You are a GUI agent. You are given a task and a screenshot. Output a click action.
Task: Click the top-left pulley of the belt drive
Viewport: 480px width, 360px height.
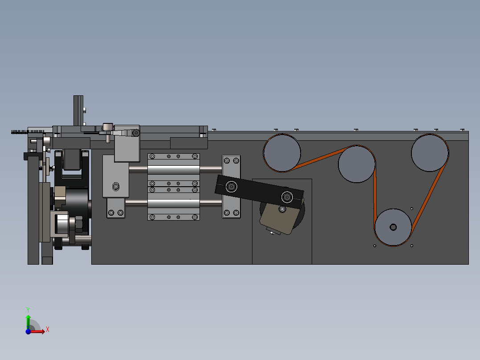[282, 153]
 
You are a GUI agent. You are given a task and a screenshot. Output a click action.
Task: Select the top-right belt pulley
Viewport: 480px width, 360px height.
[430, 152]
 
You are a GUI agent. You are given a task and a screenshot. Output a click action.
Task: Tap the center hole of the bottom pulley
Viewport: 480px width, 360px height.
[393, 227]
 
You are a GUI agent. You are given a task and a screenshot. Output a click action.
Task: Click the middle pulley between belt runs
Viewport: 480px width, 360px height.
[357, 164]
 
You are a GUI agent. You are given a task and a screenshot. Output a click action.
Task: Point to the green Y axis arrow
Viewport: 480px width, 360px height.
[28, 322]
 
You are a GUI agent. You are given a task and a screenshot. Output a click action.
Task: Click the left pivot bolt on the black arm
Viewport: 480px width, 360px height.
[232, 186]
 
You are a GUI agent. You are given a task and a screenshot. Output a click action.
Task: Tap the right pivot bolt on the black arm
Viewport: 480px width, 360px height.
[287, 197]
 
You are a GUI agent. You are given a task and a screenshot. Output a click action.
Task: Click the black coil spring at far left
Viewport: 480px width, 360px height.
[28, 132]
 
